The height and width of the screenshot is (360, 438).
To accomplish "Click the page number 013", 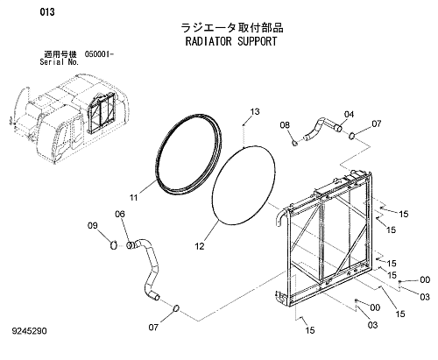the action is (x=47, y=12).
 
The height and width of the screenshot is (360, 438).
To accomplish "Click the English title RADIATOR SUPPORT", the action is (x=231, y=41).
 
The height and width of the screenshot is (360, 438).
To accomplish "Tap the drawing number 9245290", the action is (x=29, y=331).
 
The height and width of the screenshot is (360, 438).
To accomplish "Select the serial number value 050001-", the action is (x=99, y=54).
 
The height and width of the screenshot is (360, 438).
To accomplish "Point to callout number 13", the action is (x=255, y=111).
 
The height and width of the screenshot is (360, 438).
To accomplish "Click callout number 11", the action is (x=133, y=198).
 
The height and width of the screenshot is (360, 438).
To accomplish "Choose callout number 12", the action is (x=200, y=246).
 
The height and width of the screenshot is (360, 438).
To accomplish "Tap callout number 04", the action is (x=349, y=114).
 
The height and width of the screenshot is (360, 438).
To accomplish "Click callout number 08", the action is (x=285, y=125).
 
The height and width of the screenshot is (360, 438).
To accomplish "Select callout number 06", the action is (x=120, y=214).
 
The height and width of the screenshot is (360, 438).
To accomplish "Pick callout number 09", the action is (x=93, y=225).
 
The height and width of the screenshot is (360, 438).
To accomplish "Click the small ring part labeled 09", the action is (x=114, y=245).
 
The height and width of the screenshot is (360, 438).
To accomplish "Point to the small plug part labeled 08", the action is (x=295, y=143).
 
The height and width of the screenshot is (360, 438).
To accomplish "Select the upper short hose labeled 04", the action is (x=321, y=130).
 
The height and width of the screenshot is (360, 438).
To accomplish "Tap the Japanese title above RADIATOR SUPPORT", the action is (x=232, y=28).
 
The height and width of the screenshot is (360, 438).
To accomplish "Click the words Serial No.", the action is (x=60, y=62).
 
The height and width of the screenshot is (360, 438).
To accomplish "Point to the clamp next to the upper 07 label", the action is (x=352, y=136).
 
